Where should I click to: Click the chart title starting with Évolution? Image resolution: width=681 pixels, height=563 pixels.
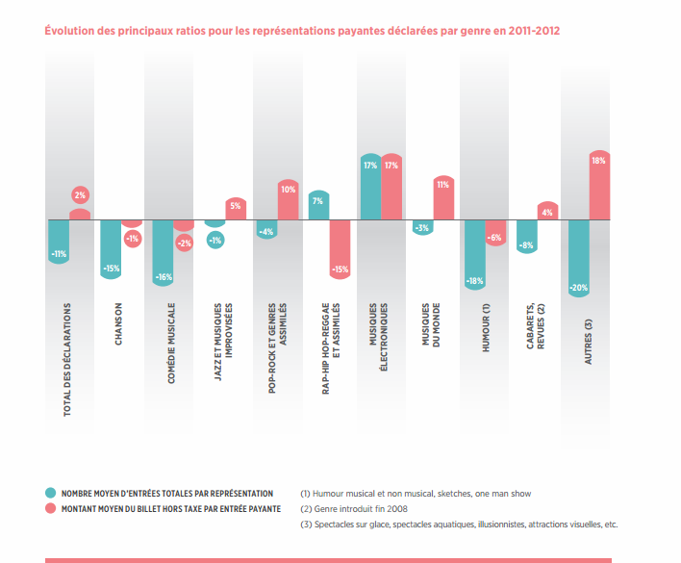tap(302, 31)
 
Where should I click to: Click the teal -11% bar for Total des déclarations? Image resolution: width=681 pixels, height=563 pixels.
tap(59, 240)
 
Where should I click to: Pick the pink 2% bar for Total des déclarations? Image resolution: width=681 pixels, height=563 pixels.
tap(80, 206)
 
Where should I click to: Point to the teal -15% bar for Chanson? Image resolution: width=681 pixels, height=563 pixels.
tap(112, 248)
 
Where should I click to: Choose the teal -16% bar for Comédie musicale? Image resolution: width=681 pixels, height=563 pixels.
tap(164, 251)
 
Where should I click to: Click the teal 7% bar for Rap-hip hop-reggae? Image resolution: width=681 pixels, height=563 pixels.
tap(318, 205)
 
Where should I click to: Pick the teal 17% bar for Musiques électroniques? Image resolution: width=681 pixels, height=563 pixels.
tap(370, 187)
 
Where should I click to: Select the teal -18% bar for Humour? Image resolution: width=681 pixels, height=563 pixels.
tap(474, 254)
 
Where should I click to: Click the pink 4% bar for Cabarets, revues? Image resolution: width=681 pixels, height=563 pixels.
tap(547, 211)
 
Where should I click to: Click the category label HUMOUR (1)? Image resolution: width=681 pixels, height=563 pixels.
tap(486, 326)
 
